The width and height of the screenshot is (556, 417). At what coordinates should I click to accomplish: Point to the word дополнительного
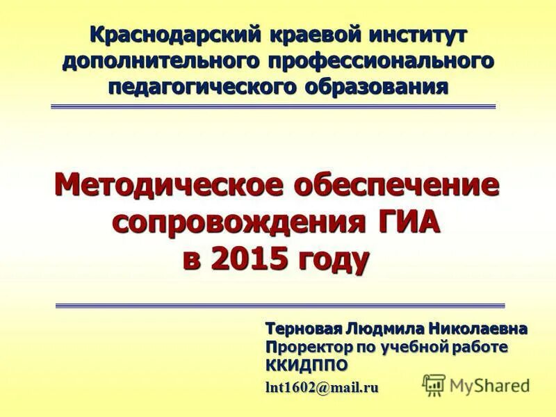point(158,60)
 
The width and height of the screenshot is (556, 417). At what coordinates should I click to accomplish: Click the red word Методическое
point(166,186)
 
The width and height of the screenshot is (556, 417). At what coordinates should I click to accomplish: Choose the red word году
point(333,261)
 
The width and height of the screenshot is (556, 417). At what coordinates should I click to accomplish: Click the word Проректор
point(306,346)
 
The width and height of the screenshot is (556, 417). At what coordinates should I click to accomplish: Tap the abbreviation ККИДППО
point(305,365)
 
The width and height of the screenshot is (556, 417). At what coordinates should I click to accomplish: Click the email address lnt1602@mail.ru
point(322,388)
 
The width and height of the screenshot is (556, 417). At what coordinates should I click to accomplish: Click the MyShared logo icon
point(434,384)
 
